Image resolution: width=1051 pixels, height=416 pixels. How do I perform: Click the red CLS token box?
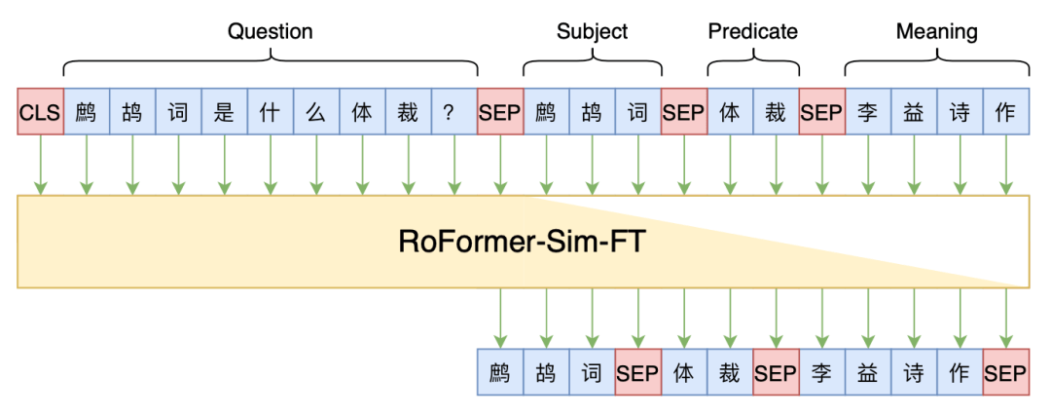pos(40,113)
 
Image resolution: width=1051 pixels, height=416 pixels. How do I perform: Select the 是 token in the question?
pos(224,113)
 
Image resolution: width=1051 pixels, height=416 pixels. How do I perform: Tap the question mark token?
pos(453,113)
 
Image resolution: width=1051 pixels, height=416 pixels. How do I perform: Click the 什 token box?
pos(270,113)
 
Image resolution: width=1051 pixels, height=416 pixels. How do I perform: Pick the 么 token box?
pos(315,113)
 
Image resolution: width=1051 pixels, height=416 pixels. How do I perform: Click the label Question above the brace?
pos(270,31)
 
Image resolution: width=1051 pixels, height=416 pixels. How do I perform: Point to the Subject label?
pos(592,31)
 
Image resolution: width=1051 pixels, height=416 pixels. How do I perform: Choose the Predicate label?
pos(752,31)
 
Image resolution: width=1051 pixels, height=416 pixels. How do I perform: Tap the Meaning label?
pos(936,31)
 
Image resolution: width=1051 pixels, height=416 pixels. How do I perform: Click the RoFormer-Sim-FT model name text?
pos(522,242)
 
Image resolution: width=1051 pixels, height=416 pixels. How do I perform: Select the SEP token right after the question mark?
pos(499,113)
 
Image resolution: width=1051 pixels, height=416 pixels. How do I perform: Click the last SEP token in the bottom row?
pos(1005,373)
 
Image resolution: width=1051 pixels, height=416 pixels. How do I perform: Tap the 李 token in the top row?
pos(867,113)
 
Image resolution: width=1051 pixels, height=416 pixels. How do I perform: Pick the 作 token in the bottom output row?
pos(960,373)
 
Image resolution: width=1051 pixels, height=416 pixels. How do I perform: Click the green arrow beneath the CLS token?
pos(40,166)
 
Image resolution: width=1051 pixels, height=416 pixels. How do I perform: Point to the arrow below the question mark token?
pos(453,166)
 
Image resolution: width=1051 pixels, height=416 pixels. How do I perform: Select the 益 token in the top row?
pos(913,113)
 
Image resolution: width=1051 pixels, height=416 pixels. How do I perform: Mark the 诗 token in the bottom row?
pos(914,373)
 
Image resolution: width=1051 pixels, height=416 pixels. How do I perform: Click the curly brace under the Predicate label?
pos(752,64)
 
